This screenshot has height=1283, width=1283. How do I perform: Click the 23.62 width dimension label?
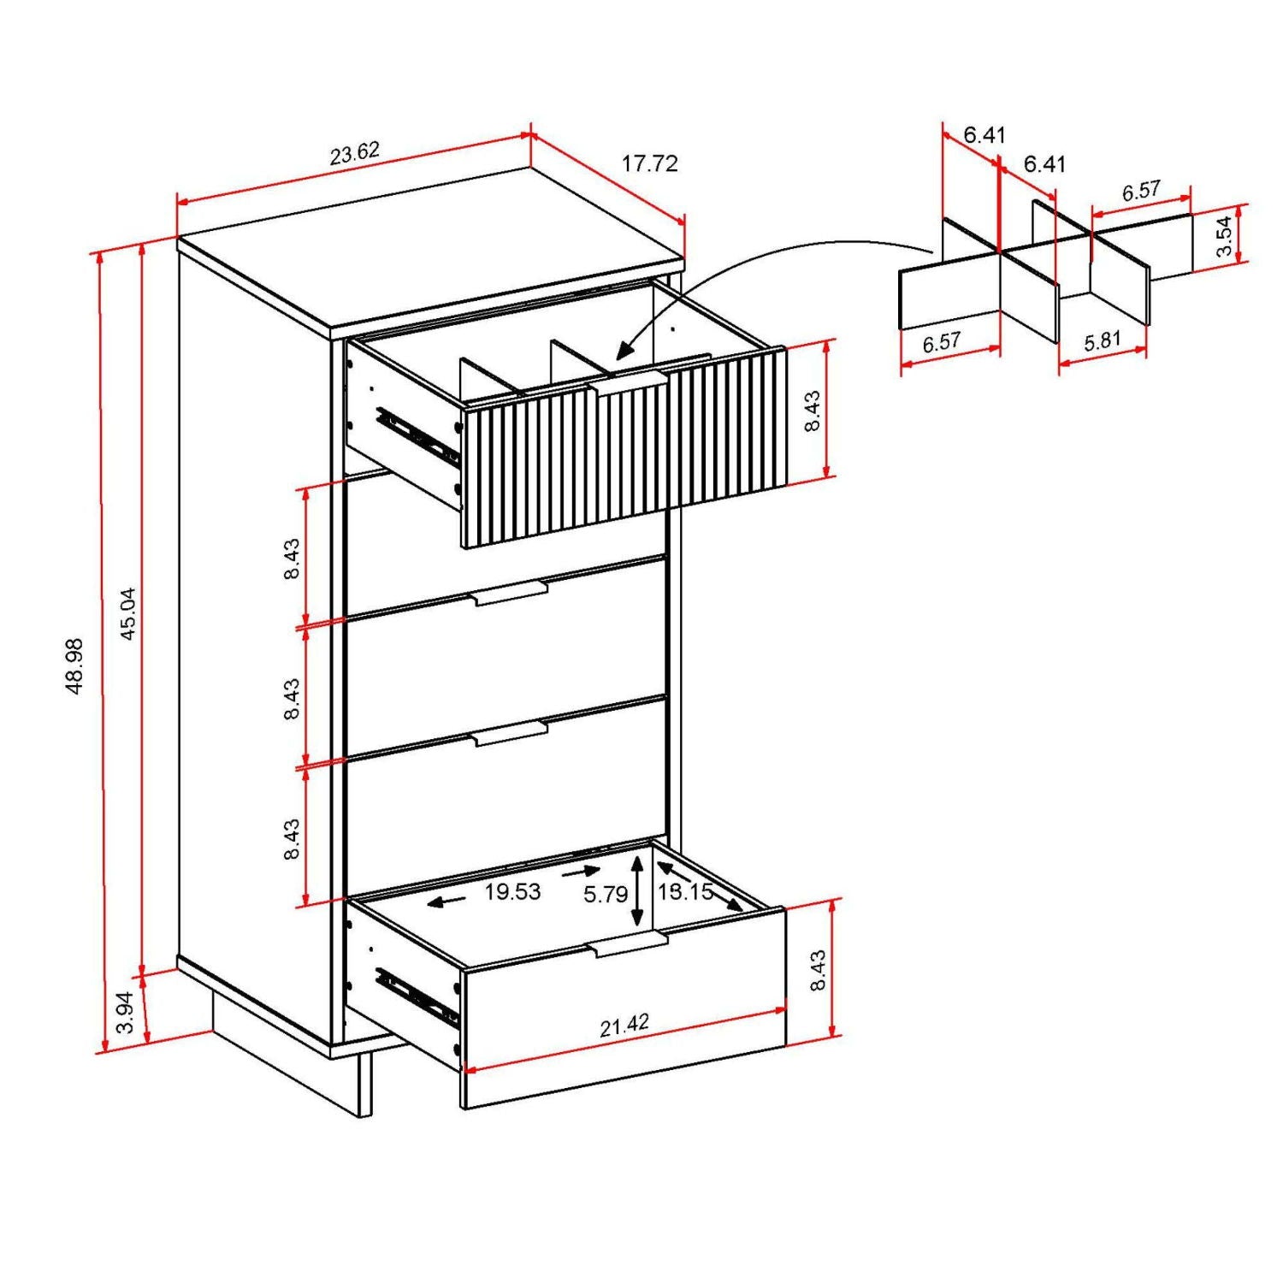tap(354, 153)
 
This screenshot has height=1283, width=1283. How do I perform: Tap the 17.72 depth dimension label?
tap(649, 163)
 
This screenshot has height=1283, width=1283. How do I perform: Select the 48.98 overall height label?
tap(74, 665)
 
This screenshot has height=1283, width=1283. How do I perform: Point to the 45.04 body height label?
tap(127, 613)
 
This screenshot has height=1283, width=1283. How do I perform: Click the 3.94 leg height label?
tap(125, 1013)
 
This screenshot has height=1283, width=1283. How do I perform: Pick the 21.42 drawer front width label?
tap(624, 1026)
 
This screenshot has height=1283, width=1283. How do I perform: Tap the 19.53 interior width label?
tap(512, 892)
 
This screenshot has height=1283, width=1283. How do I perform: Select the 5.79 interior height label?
tap(605, 895)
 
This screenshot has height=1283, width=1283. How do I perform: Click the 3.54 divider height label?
tap(1225, 236)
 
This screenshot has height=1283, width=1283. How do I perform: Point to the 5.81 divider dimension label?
tap(1102, 341)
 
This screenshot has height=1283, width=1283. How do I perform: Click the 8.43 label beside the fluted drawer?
tap(813, 411)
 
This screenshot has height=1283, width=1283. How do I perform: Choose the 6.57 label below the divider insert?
tap(941, 342)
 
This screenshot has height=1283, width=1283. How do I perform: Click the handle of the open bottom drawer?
tap(629, 944)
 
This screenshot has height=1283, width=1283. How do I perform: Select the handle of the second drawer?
tap(511, 593)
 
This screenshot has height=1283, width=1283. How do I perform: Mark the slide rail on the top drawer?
tap(417, 437)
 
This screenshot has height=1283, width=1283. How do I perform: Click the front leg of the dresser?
tap(365, 1084)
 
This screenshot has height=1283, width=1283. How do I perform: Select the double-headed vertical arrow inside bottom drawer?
tap(637, 894)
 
